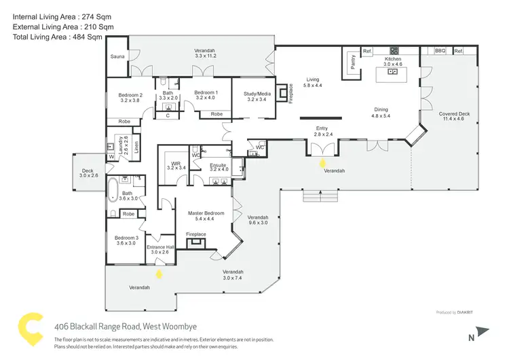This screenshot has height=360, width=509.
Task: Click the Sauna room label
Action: pyautogui.click(x=117, y=57)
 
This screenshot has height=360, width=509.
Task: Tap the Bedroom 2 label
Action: pyautogui.click(x=130, y=94)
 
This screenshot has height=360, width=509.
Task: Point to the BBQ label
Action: pyautogui.click(x=439, y=51)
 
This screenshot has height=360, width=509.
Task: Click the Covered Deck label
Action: pyautogui.click(x=454, y=114)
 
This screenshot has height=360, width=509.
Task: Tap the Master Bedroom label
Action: pyautogui.click(x=205, y=213)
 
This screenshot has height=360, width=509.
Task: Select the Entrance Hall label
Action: pyautogui.click(x=161, y=247)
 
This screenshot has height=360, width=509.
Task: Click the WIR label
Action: pyautogui.click(x=175, y=164)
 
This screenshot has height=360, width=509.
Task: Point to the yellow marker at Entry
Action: pyautogui.click(x=322, y=163)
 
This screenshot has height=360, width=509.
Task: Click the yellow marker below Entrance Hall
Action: pyautogui.click(x=159, y=274)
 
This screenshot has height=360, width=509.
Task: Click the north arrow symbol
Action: pyautogui.click(x=482, y=332)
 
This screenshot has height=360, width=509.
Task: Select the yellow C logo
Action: pyautogui.click(x=29, y=329)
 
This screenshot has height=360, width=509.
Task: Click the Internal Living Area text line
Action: pyautogui.click(x=61, y=15)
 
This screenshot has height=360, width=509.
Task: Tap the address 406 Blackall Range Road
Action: pyautogui.click(x=115, y=326)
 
